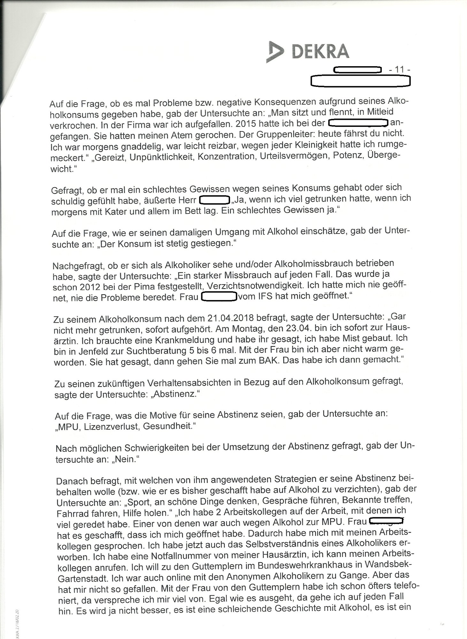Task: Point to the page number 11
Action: pyautogui.click(x=399, y=69)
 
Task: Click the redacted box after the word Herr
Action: pyautogui.click(x=214, y=200)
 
